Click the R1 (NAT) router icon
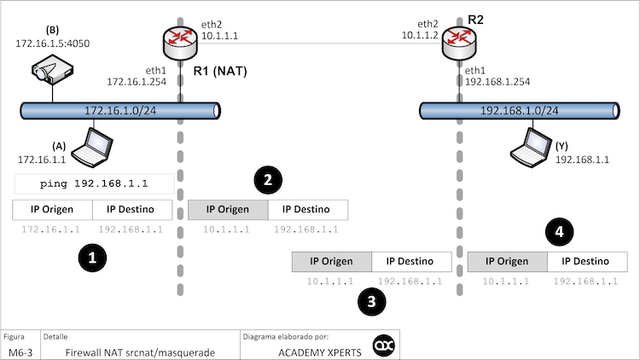(x=179, y=39)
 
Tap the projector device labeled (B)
(x=52, y=69)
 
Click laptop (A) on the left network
(x=90, y=148)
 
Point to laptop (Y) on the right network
(x=529, y=148)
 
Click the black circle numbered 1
(x=91, y=256)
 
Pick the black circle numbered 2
(x=268, y=179)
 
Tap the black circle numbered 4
(x=559, y=231)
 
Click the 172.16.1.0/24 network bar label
(x=119, y=110)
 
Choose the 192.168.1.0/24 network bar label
(x=520, y=110)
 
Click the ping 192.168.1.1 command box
(x=94, y=184)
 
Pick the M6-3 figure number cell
(x=20, y=351)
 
